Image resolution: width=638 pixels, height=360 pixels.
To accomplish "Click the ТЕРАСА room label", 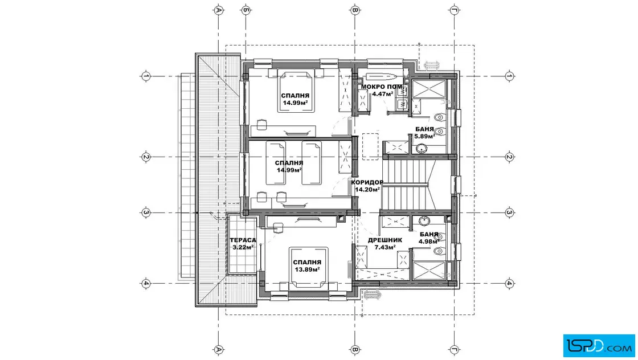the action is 243,240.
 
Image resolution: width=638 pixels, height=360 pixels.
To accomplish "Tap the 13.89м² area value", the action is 307,269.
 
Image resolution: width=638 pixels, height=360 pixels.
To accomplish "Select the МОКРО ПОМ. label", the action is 382,87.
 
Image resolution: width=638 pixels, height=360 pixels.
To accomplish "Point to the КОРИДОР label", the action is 367,182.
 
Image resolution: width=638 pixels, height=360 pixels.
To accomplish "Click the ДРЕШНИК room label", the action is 385,240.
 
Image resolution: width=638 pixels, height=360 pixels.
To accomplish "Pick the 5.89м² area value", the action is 425,136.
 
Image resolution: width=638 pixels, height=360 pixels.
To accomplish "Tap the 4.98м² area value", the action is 430,241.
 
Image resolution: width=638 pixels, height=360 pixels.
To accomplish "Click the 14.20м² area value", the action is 367,189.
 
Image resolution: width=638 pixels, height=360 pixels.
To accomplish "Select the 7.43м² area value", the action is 385,247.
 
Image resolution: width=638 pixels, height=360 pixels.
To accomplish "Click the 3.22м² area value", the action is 243,247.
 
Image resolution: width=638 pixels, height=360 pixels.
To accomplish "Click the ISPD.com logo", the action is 599,346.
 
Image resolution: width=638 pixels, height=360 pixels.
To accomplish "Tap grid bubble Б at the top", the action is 246,10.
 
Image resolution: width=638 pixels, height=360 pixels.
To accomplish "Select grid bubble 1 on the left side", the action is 146,76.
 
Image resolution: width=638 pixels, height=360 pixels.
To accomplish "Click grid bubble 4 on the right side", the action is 509,284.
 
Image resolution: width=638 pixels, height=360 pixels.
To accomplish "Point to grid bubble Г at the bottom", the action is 455,349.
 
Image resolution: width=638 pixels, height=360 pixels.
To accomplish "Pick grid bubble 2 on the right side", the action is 509,157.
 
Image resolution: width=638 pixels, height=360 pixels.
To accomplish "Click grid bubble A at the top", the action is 219,10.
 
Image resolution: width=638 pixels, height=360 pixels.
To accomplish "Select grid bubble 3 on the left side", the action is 146,212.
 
